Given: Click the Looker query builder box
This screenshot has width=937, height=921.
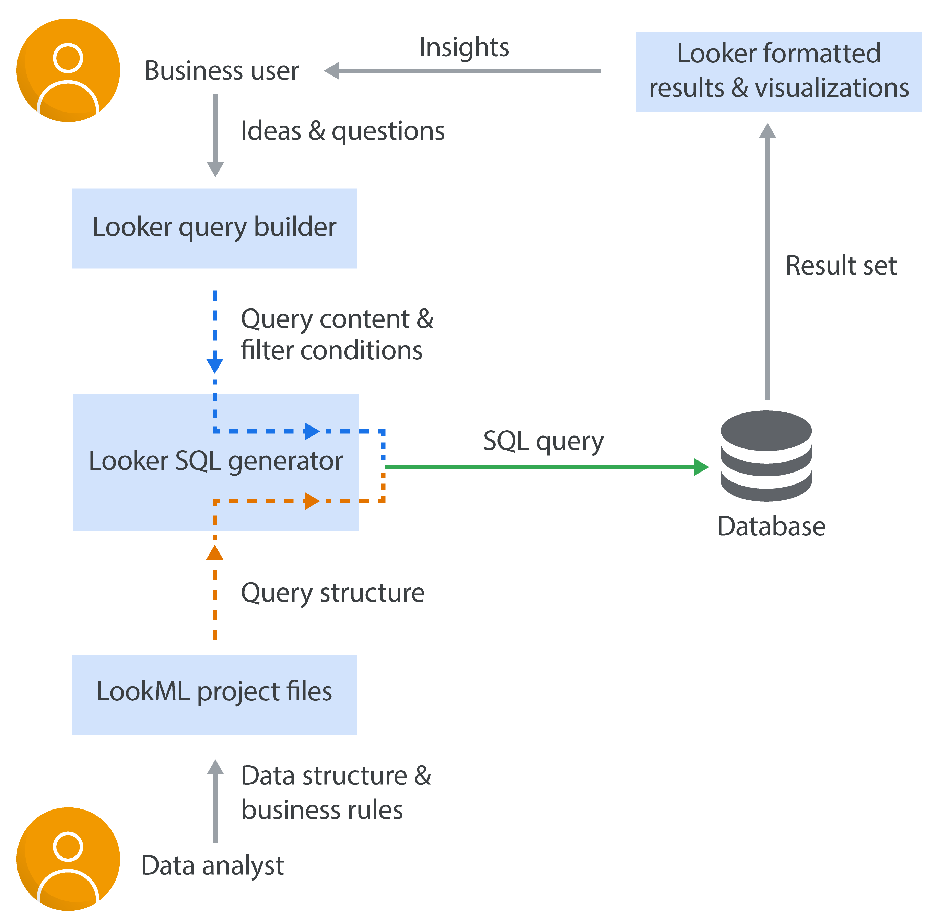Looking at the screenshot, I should click(214, 228).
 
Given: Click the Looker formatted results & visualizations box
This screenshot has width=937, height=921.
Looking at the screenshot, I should click(778, 72).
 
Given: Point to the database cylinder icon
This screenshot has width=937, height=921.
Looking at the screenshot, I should click(766, 456).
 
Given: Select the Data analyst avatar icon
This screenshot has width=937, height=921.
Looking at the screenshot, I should click(68, 859).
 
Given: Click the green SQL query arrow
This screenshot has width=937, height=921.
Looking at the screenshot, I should click(542, 467).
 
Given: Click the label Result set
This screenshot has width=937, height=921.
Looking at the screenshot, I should click(841, 266).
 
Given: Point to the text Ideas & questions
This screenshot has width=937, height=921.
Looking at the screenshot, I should click(342, 131).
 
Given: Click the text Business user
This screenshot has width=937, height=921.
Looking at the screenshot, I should click(222, 71).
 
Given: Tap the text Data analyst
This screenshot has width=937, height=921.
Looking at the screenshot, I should click(212, 865).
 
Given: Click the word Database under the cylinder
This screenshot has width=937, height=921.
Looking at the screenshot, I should click(771, 526).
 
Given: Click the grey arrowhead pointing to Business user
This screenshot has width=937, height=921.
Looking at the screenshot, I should click(332, 71).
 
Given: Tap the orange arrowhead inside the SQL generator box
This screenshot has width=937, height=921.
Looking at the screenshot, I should click(312, 501).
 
